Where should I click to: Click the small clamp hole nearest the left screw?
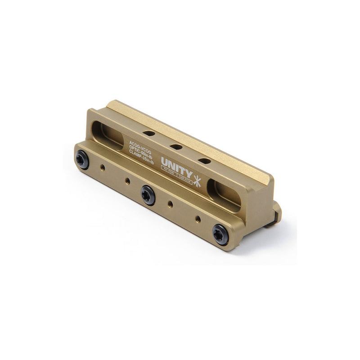[x=103, y=167]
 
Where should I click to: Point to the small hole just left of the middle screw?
[x=127, y=181]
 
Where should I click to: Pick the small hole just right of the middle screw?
[x=170, y=204]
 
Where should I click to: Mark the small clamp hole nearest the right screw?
[x=198, y=219]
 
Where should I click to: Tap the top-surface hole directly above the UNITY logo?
[x=204, y=161]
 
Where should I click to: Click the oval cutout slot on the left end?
[x=107, y=135]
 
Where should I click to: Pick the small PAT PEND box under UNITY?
[x=170, y=177]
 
